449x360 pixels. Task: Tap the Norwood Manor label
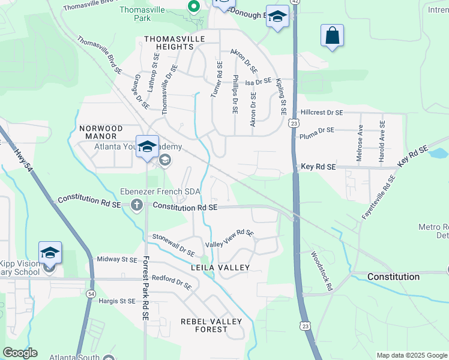click(x=101, y=133)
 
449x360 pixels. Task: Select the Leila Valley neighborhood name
click(x=220, y=267)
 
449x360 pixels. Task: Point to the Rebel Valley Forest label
click(x=211, y=326)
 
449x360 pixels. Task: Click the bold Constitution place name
click(x=393, y=277)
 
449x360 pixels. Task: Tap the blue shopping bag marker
click(x=332, y=35)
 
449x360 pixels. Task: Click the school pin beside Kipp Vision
click(x=50, y=253)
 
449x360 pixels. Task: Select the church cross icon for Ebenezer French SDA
click(x=137, y=206)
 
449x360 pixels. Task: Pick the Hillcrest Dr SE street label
click(x=322, y=112)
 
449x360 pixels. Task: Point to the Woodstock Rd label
click(x=321, y=271)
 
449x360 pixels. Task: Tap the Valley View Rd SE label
click(x=230, y=239)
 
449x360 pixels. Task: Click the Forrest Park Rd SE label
click(x=145, y=289)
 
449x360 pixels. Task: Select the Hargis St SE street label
click(x=117, y=301)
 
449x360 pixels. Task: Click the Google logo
click(x=20, y=353)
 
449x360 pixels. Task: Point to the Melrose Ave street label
click(x=360, y=137)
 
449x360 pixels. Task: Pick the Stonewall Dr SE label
click(x=173, y=245)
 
